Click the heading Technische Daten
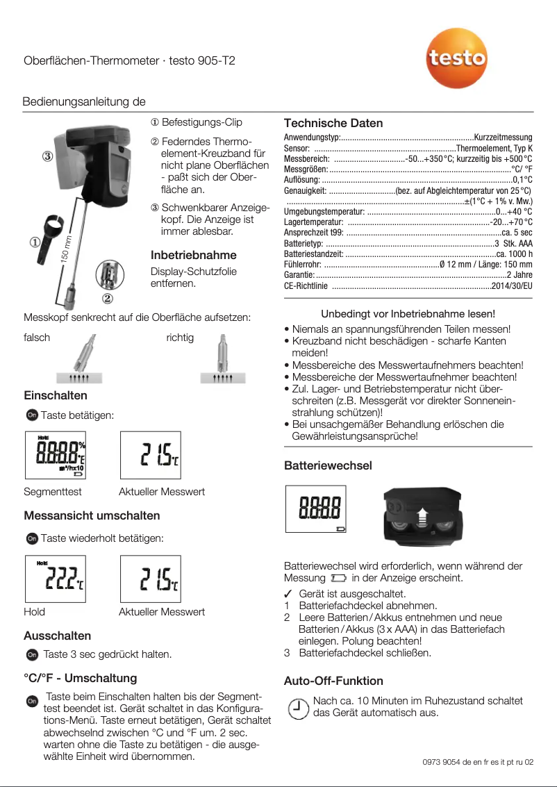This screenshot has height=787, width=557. point(333,123)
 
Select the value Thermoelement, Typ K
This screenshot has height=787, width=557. point(494,149)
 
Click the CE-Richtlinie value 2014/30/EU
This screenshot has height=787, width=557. point(512,285)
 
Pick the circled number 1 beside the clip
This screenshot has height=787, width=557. point(34,242)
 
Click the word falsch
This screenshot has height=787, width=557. point(37,338)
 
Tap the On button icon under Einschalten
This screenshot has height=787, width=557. point(31,415)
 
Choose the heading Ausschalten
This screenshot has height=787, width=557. point(57,636)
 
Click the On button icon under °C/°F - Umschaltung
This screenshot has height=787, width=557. point(31,702)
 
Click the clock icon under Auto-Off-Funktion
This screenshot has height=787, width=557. point(297,708)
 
